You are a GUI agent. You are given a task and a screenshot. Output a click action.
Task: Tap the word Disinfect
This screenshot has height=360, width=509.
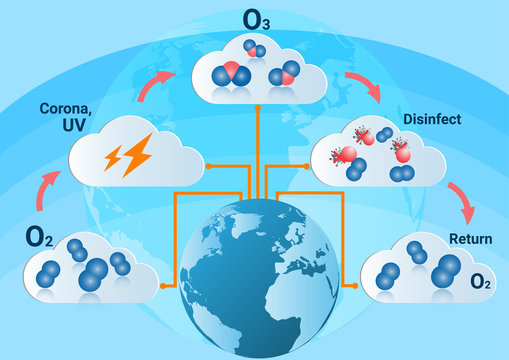(431, 118)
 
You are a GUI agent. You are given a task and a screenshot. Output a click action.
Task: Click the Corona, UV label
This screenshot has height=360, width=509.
(68, 116)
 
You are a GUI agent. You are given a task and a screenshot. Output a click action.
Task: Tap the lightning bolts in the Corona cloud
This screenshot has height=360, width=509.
(129, 157)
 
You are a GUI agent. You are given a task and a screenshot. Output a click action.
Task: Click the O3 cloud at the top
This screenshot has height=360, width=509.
(257, 70)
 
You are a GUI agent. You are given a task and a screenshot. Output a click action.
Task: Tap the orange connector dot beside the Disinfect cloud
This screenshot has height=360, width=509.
(304, 164)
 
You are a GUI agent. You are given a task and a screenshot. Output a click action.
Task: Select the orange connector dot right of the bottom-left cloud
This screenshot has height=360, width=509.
(160, 284)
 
